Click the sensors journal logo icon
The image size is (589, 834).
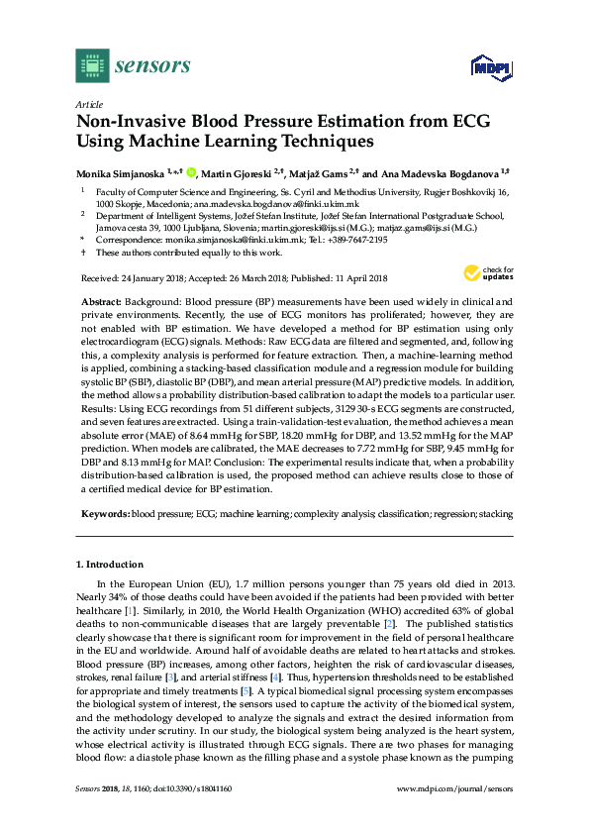(92, 64)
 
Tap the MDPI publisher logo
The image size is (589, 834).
(486, 66)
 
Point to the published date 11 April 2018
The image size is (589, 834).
(359, 279)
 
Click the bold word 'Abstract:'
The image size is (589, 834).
(99, 301)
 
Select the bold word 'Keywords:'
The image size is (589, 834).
(103, 515)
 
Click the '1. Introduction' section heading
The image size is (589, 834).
(112, 564)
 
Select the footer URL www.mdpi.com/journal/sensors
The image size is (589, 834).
(454, 815)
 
